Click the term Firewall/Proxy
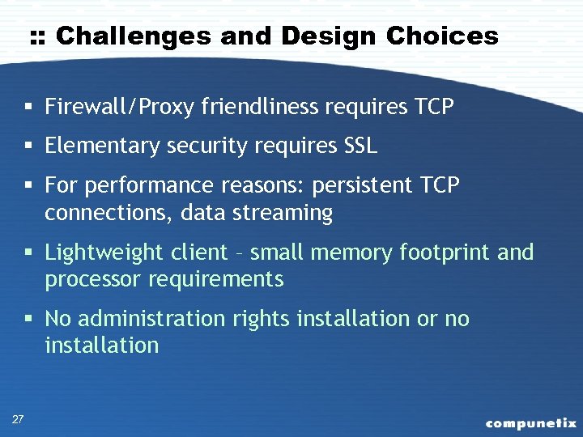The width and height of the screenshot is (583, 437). click(x=120, y=107)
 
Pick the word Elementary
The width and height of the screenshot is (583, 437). click(x=103, y=146)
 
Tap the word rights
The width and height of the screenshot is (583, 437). click(x=262, y=320)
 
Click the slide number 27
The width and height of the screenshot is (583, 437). click(x=18, y=418)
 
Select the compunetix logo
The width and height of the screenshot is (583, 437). click(x=531, y=423)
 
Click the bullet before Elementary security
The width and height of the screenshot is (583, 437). click(x=28, y=146)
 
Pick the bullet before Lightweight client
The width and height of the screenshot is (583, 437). click(x=28, y=253)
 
